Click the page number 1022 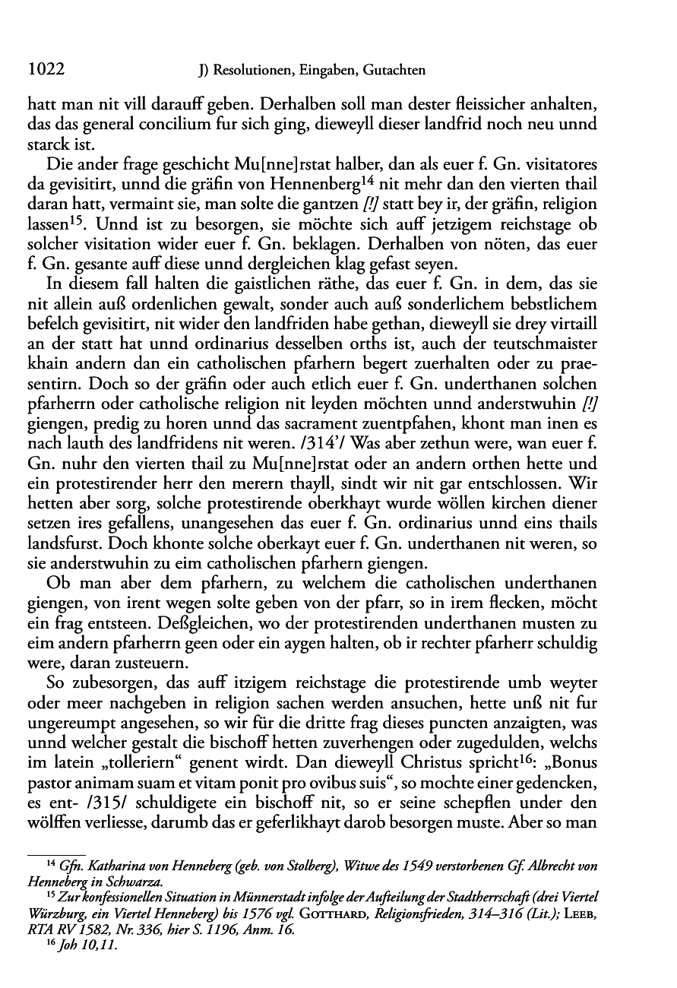point(45,71)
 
